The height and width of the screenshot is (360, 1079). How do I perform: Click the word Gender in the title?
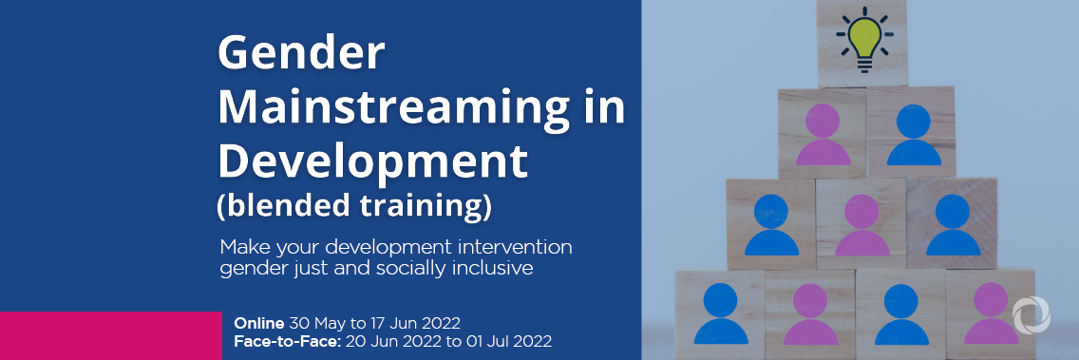301,54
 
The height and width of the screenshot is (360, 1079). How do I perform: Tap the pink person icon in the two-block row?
823,135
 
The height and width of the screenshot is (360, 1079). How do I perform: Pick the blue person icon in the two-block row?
913,135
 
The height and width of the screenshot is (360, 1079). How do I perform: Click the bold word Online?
258,322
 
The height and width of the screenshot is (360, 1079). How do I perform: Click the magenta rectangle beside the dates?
110,334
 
